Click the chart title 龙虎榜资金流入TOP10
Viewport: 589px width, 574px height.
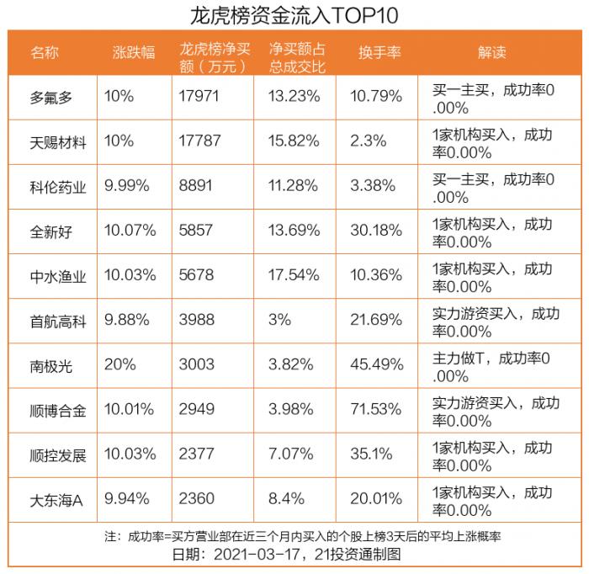294,15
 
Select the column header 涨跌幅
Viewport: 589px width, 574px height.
135,52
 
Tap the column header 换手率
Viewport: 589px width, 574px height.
379,52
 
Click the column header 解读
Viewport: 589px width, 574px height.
493,52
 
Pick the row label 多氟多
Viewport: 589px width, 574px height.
51,97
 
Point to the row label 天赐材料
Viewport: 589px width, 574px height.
58,141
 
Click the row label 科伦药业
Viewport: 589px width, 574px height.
58,187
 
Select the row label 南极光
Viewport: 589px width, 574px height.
51,366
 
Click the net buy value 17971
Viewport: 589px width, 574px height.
199,96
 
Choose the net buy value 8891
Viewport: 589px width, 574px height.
196,186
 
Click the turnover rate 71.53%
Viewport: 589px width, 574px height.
376,410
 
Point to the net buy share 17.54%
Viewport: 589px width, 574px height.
294,275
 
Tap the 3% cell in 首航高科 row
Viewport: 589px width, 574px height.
279,320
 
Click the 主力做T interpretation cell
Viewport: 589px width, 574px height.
491,366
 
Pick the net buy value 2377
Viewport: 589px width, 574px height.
196,455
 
